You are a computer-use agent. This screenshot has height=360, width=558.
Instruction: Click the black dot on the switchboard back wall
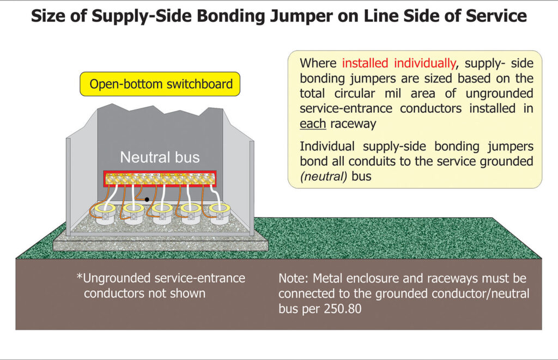pos(147,199)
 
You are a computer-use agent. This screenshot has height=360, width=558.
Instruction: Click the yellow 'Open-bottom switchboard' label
pos(161,84)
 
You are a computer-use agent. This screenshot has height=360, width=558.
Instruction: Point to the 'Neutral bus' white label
pos(160,158)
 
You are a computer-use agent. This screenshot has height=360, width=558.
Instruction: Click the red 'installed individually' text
pos(398,63)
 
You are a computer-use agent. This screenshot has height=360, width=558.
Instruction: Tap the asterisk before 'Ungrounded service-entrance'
pos(80,277)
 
